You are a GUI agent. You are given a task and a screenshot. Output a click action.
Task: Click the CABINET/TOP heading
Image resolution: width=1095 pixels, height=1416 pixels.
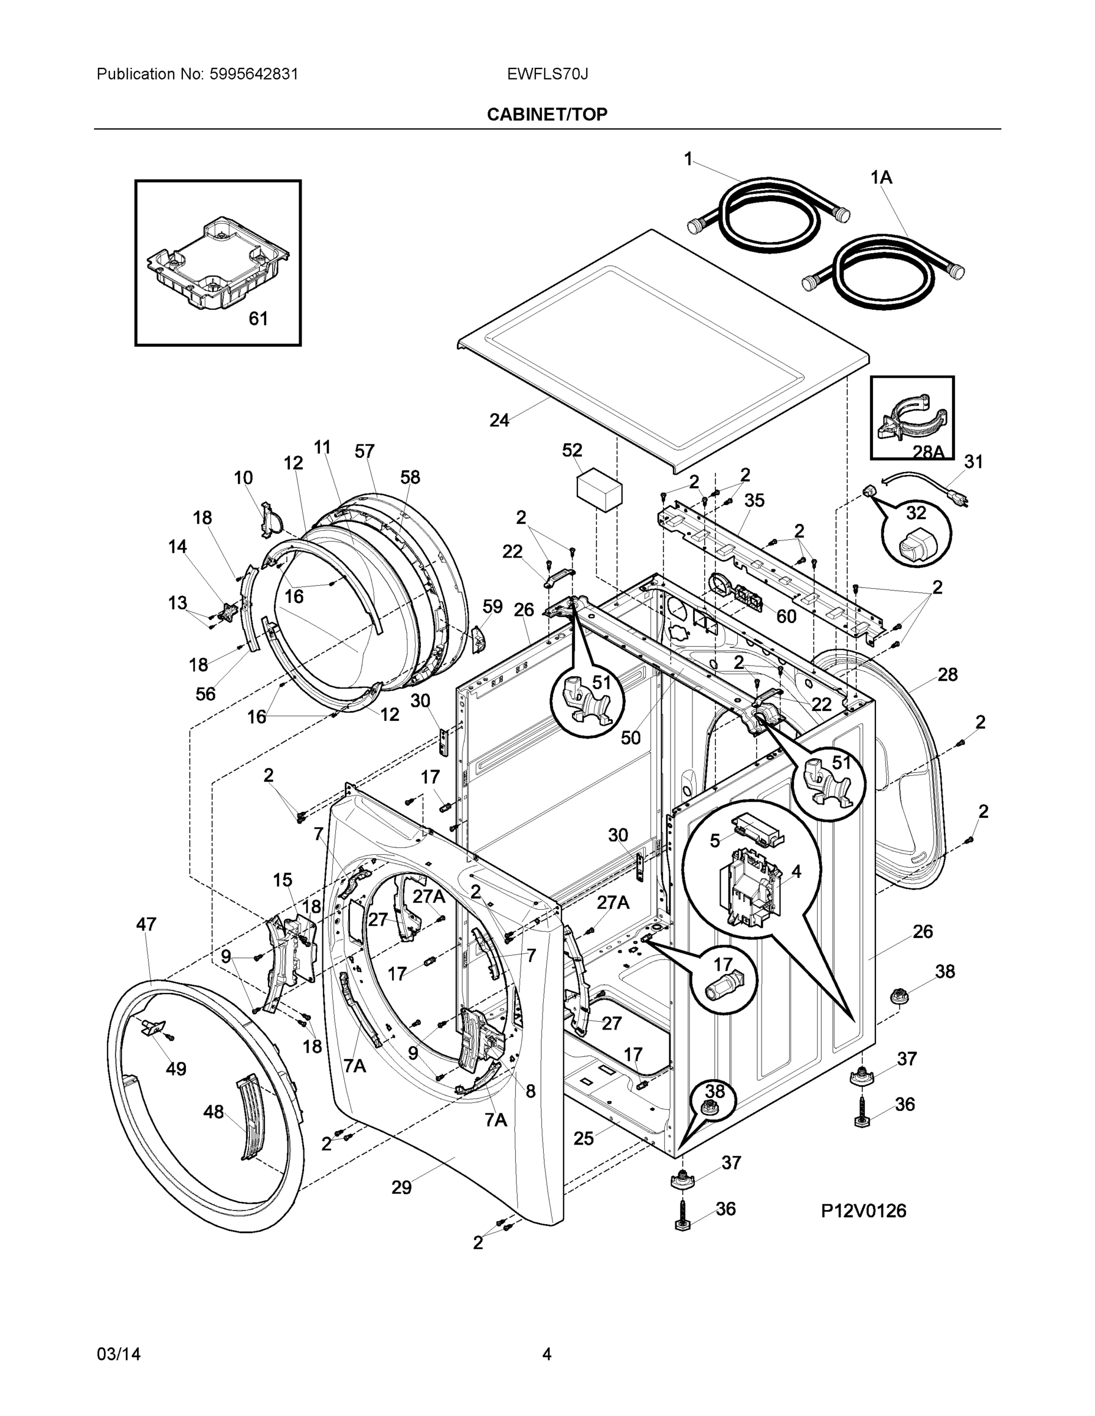click(547, 115)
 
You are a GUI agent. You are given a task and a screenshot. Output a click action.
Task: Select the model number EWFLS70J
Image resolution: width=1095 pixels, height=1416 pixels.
click(547, 74)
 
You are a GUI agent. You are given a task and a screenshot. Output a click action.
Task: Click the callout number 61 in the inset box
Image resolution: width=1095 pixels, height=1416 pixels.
click(258, 319)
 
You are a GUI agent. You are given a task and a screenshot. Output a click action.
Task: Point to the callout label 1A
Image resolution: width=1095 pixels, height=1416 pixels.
click(881, 177)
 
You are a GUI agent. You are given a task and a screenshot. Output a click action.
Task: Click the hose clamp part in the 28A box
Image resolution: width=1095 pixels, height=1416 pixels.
click(911, 415)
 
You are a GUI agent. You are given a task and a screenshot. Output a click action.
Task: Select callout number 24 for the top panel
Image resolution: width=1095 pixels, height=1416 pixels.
click(499, 420)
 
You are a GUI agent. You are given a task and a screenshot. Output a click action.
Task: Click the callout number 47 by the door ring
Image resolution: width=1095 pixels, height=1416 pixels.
click(146, 924)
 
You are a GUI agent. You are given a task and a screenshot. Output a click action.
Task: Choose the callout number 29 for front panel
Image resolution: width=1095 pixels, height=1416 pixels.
click(401, 1188)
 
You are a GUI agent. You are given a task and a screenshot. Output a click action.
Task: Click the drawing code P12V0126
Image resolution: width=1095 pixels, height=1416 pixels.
click(864, 1211)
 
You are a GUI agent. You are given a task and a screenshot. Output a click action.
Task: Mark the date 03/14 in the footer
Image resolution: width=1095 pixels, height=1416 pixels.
click(118, 1355)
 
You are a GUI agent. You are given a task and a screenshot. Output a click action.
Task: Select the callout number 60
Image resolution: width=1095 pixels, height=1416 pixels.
click(786, 616)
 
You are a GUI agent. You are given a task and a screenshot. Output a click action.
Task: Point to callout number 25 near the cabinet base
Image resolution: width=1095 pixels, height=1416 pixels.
click(584, 1139)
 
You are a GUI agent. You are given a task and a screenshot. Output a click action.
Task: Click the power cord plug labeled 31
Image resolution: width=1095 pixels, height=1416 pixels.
click(953, 497)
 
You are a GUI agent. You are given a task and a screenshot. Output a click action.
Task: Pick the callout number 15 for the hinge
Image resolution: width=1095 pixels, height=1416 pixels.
click(282, 880)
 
